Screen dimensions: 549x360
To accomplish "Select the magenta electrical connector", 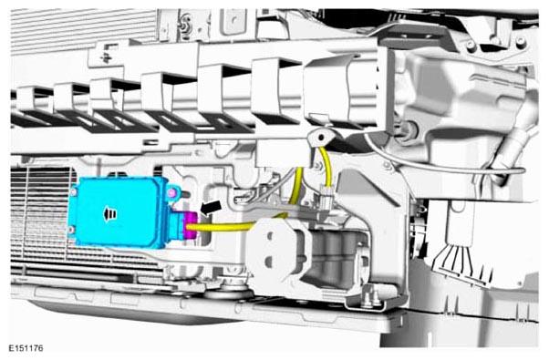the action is pos(192,225).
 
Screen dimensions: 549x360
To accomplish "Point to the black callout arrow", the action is pos(211,207).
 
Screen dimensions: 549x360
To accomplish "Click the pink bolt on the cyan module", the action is pos(171,192).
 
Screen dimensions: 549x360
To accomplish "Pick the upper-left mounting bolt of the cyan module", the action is pos(74,191).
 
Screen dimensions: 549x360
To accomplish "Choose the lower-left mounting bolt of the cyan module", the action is pos(71,230).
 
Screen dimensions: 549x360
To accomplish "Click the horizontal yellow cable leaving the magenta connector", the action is pos(224,228).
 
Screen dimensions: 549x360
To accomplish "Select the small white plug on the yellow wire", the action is pos(326,201).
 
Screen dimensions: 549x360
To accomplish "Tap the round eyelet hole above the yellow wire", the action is pos(320,138).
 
